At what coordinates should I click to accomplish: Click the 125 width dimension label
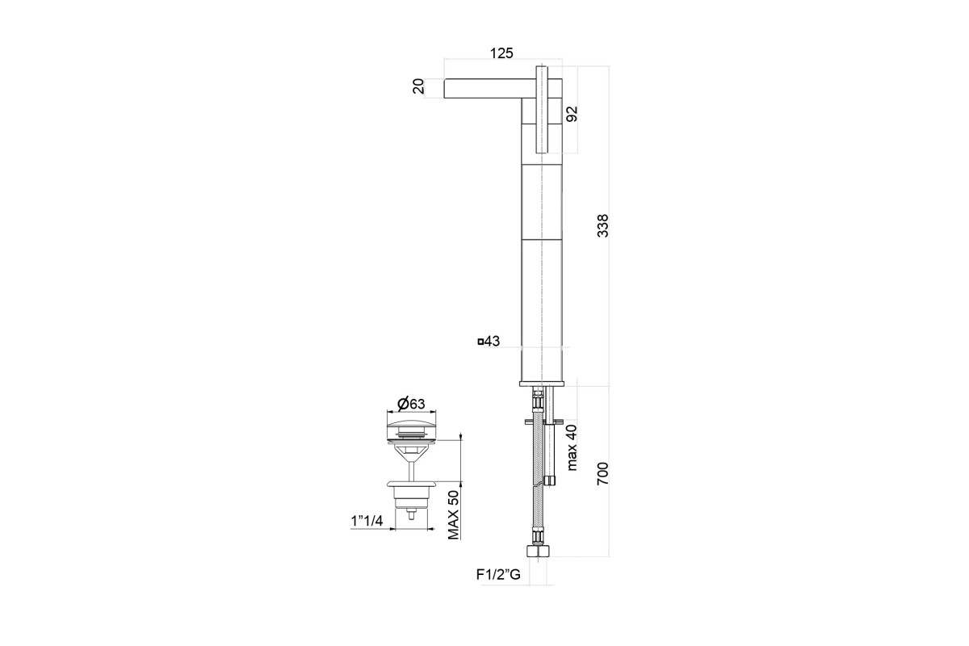click(x=501, y=53)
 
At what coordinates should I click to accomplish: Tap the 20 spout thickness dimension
click(x=419, y=86)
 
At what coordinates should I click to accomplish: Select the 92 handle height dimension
click(x=572, y=114)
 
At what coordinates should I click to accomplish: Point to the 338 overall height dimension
click(x=602, y=225)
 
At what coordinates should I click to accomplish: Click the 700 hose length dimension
click(x=602, y=473)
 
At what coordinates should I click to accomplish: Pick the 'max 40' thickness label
click(x=572, y=448)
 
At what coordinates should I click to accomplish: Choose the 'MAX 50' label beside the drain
click(x=453, y=515)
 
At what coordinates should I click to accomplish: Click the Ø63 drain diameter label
click(x=411, y=404)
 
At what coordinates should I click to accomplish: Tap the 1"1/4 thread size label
click(x=367, y=521)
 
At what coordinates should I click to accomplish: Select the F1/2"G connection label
click(x=498, y=575)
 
